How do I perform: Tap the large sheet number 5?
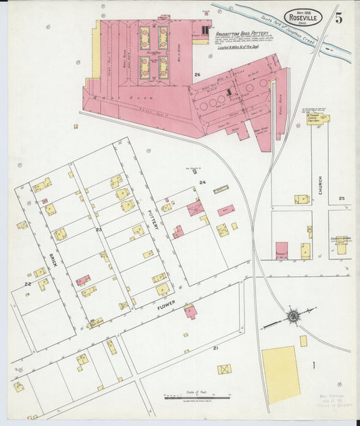point(338,18)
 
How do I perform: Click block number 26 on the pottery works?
point(197,74)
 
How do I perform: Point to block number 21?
point(215,348)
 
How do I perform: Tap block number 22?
point(28,284)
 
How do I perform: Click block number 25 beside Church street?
point(342,198)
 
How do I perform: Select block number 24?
point(201,182)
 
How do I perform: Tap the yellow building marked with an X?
point(224,369)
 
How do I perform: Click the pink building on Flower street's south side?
point(191,312)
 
